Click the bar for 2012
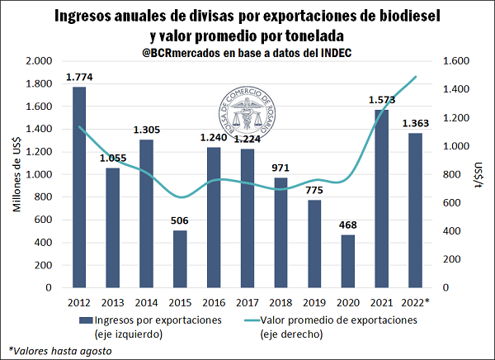click(x=79, y=187)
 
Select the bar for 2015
click(x=180, y=258)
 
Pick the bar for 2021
click(x=381, y=198)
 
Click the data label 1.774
click(x=79, y=78)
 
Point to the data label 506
click(x=180, y=221)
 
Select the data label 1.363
click(x=414, y=124)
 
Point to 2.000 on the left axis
click(x=39, y=61)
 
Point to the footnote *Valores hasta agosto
click(x=59, y=350)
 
